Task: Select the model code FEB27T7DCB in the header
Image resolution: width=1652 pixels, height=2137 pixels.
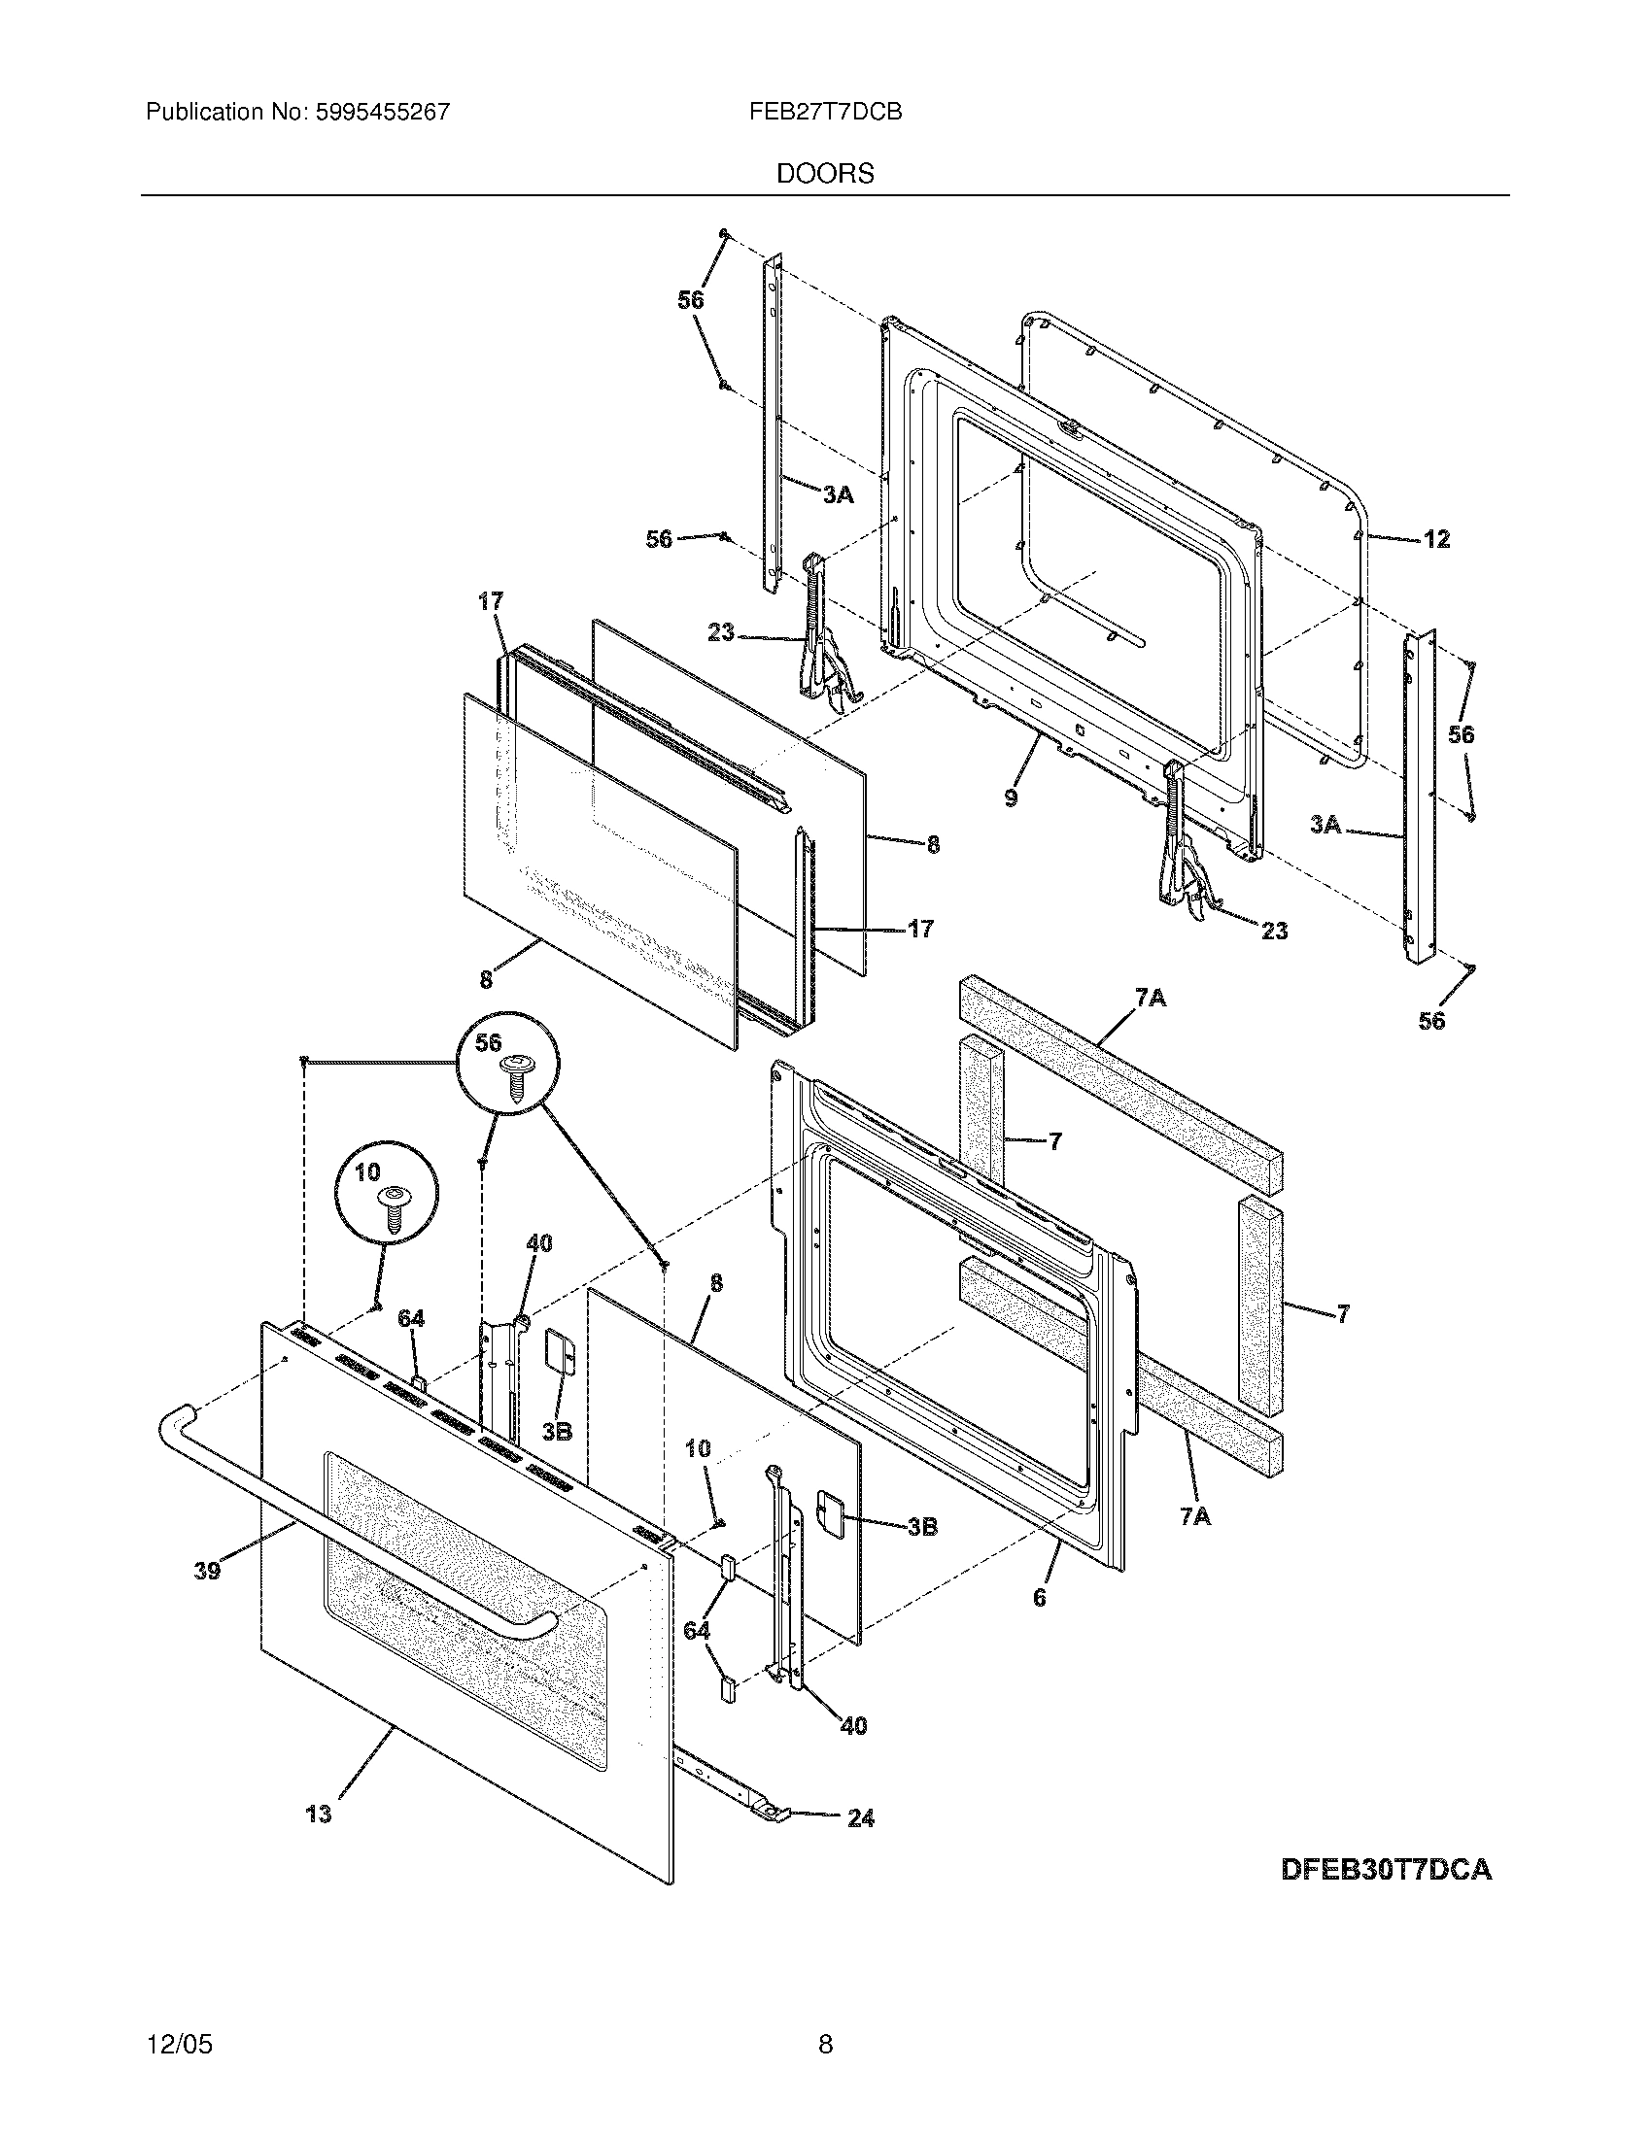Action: click(x=825, y=112)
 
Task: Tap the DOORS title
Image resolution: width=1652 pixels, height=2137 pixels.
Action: click(x=825, y=174)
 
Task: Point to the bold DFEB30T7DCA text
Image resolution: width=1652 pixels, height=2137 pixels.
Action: click(x=1386, y=1870)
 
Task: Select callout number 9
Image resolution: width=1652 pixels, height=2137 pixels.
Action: click(x=1011, y=797)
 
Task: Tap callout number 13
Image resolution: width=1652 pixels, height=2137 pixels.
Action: click(x=319, y=1814)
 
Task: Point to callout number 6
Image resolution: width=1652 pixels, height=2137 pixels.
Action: click(x=1040, y=1597)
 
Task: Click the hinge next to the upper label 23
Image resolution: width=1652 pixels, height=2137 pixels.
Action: click(x=825, y=636)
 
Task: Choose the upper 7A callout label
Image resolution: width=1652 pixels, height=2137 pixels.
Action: click(x=1151, y=998)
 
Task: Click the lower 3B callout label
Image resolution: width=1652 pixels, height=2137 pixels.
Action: click(x=922, y=1525)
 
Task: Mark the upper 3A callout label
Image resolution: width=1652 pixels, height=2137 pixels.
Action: click(x=837, y=495)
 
